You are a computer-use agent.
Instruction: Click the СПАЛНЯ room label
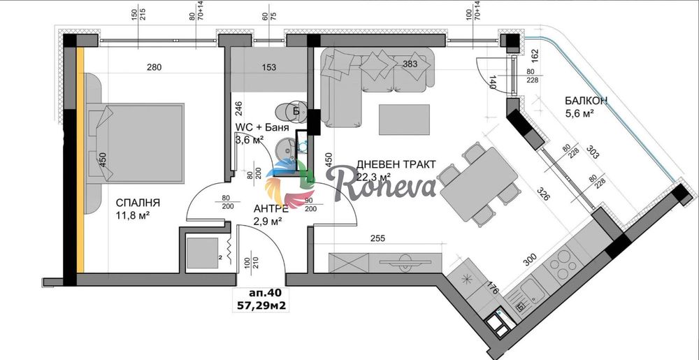(x=138, y=203)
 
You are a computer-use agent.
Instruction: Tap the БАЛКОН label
(x=585, y=101)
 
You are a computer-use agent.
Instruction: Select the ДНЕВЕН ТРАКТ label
(x=396, y=164)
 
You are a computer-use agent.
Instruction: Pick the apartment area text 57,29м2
(x=264, y=305)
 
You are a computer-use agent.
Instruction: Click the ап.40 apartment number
(x=264, y=293)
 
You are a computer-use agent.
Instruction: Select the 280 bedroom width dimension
(x=154, y=68)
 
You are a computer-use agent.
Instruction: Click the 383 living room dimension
(x=411, y=64)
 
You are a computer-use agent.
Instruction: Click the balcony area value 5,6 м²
(x=580, y=113)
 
